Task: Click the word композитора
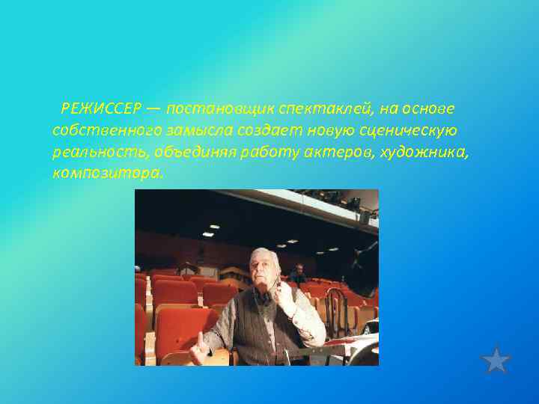tap(106, 174)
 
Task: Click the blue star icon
tap(496, 359)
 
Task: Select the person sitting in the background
tap(300, 274)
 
